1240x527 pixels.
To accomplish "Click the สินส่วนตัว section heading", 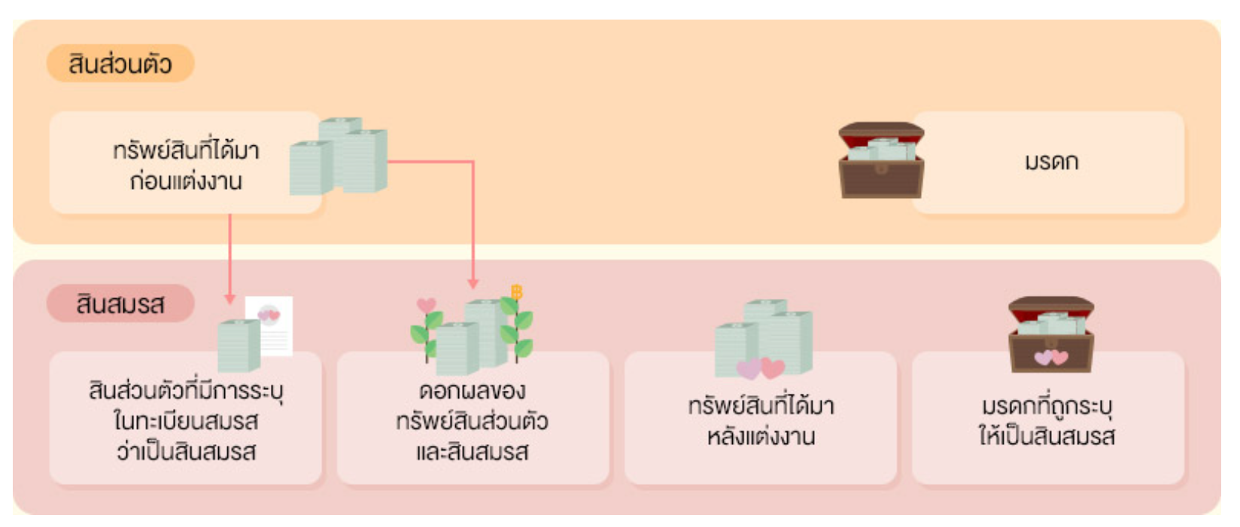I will click(x=120, y=64).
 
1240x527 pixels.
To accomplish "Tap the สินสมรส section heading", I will click(x=120, y=304).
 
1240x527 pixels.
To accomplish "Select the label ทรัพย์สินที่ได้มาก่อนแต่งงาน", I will click(x=186, y=166).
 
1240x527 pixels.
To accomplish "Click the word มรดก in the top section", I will click(x=1051, y=162).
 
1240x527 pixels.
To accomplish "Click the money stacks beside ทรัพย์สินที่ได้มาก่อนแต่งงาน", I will click(x=339, y=156).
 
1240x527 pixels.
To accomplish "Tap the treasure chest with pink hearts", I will click(x=1050, y=334).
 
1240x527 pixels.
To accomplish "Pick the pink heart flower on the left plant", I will click(x=426, y=305).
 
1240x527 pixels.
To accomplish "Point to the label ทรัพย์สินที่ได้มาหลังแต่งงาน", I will click(x=761, y=422).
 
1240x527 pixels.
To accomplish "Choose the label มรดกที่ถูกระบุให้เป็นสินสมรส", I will click(x=1047, y=422).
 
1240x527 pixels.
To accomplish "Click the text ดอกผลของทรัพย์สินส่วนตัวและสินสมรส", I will click(x=473, y=422).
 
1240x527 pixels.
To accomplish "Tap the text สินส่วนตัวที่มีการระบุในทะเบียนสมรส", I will click(x=186, y=422).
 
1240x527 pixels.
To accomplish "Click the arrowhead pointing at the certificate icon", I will click(x=230, y=299).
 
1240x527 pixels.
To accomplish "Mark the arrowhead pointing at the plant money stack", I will click(x=473, y=284).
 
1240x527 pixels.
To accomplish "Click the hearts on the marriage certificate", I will click(x=269, y=314).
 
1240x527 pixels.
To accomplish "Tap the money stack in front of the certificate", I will click(x=239, y=346).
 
